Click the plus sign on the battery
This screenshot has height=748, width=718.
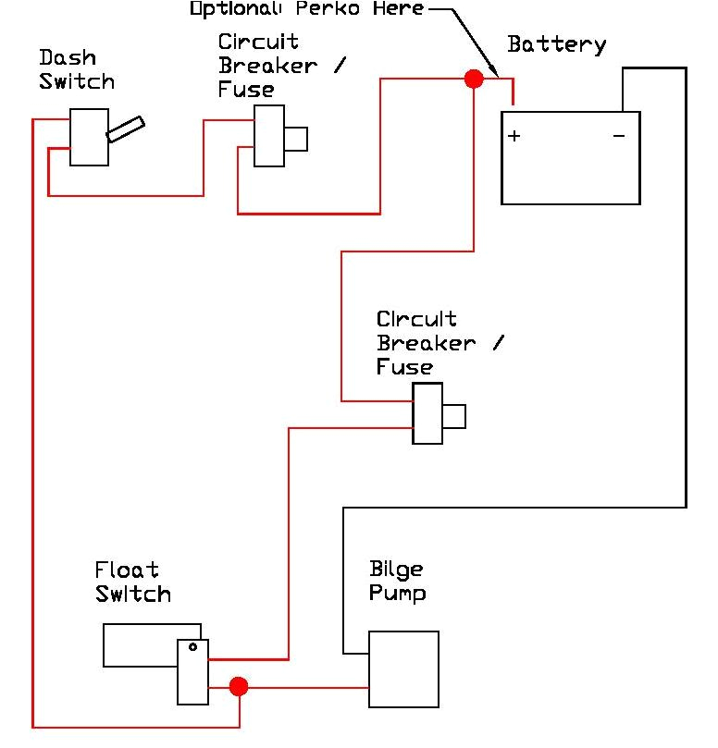(x=514, y=136)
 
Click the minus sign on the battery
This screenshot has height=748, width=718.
(x=619, y=136)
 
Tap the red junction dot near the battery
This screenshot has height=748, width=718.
(x=474, y=80)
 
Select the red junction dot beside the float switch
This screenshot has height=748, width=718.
(x=239, y=686)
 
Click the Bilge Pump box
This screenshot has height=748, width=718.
(x=403, y=669)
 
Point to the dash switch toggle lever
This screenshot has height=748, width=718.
(x=125, y=129)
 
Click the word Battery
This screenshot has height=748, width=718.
(x=557, y=44)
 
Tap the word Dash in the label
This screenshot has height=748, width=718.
(x=67, y=57)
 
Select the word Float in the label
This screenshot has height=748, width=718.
(x=127, y=570)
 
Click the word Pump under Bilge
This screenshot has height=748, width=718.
(x=397, y=593)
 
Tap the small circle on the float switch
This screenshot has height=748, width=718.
(x=192, y=647)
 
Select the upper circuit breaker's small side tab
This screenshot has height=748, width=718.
(x=295, y=139)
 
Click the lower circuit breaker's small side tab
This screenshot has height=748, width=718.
(x=453, y=417)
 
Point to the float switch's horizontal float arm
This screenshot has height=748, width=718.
(x=141, y=644)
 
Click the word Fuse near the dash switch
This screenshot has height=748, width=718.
(x=246, y=90)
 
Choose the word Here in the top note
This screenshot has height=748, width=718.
(x=401, y=9)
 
